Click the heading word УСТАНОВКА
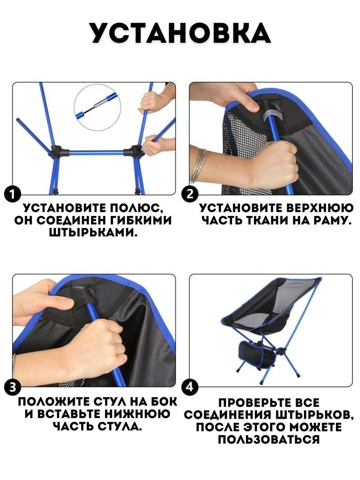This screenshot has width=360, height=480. pos(181,33)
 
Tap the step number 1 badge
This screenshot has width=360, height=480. pos(12,194)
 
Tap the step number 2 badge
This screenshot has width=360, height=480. pos(190,194)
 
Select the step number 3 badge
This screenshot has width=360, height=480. pos(12,387)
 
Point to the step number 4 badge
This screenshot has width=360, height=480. pos(190,387)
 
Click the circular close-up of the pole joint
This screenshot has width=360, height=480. pos(98,108)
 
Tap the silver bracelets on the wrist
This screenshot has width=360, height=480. pos(198,166)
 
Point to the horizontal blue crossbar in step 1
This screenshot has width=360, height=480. pos(96,153)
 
